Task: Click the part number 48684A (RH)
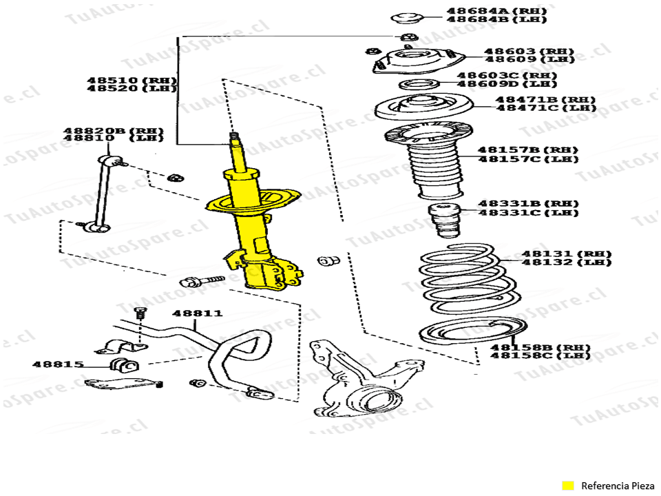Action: tap(487, 11)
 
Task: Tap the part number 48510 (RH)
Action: tap(132, 80)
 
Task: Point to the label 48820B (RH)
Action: tap(114, 130)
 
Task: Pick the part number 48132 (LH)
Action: tap(566, 262)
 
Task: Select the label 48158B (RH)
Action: tap(541, 347)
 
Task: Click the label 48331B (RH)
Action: tap(529, 203)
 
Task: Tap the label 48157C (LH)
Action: tap(528, 158)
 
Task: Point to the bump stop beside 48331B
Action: tap(445, 218)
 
